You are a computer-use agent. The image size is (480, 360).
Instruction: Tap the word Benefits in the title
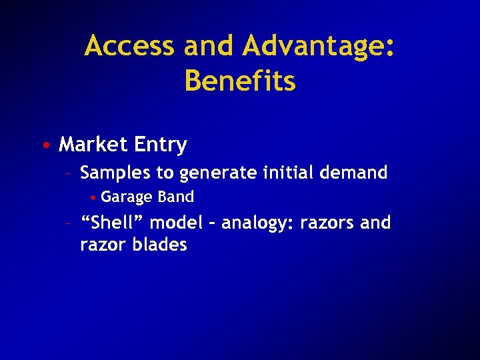pyautogui.click(x=240, y=81)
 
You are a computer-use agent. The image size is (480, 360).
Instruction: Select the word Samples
pyautogui.click(x=115, y=173)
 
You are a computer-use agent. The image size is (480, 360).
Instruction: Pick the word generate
pyautogui.click(x=219, y=173)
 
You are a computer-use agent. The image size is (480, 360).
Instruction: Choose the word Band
pyautogui.click(x=176, y=197)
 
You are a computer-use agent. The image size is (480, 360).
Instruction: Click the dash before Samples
pyautogui.click(x=67, y=174)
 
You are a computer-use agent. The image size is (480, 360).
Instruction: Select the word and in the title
pyautogui.click(x=209, y=47)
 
